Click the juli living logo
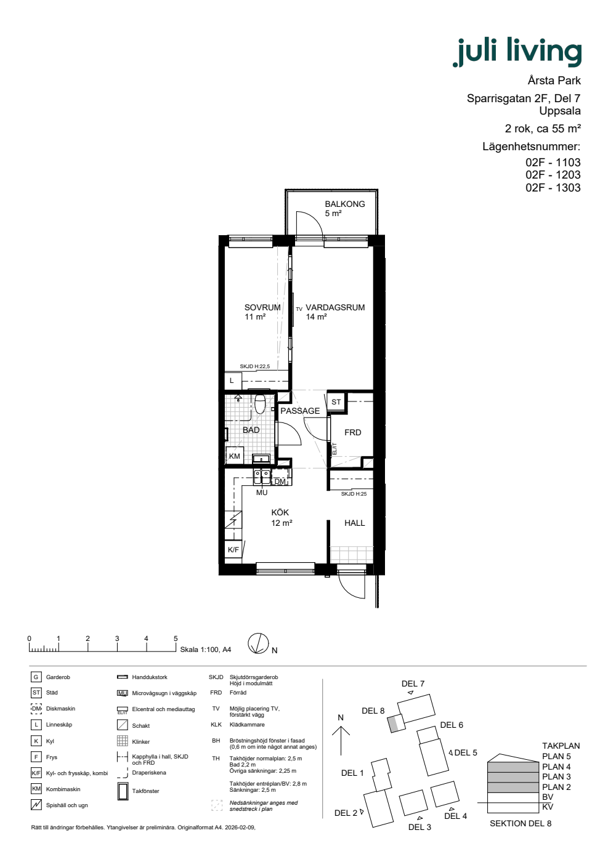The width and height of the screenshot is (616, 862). (517, 52)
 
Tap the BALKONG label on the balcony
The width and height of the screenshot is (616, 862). (344, 204)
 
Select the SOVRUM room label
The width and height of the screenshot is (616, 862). (262, 307)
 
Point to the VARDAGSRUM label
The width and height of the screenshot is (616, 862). (335, 307)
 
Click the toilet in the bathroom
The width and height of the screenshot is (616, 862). (260, 404)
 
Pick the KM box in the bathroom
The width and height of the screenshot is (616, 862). (235, 456)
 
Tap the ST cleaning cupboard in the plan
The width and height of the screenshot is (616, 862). (336, 402)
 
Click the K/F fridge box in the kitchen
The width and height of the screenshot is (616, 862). (233, 549)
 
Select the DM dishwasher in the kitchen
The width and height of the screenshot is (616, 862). (281, 481)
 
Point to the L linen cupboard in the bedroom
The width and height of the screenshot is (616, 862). (233, 381)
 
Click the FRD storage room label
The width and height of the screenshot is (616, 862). (352, 432)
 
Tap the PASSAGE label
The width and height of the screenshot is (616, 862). (300, 411)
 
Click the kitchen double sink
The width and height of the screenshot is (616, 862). (262, 477)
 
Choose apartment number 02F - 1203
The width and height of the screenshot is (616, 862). (553, 175)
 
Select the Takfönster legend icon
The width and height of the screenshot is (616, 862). (123, 791)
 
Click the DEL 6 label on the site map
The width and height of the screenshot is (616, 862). (452, 725)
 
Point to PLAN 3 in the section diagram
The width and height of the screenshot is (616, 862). (556, 776)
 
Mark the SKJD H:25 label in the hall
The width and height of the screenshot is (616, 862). (354, 494)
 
